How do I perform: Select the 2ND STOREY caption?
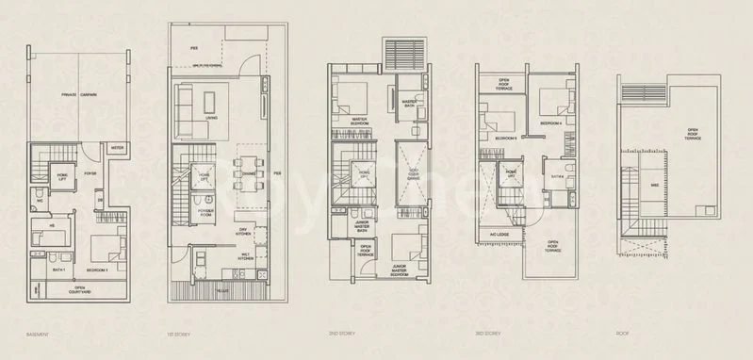(340, 335)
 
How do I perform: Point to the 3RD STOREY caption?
(489, 335)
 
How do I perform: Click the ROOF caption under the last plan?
(623, 335)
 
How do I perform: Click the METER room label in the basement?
(118, 148)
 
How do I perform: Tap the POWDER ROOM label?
(205, 212)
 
